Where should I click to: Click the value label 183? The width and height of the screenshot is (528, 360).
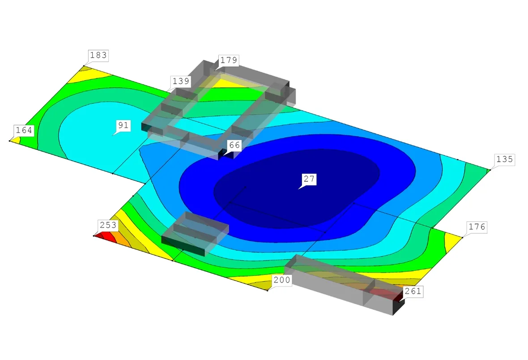tap(98, 55)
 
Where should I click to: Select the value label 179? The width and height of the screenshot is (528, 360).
tap(229, 60)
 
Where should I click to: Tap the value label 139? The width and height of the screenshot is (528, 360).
tap(181, 81)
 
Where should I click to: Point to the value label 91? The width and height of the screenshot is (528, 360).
tap(123, 125)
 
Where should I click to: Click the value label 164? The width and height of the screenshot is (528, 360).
tap(24, 130)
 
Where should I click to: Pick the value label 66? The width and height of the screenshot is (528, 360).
tap(234, 145)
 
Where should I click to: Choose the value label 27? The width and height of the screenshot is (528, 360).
tap(309, 179)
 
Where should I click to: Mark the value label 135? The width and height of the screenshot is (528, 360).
tap(504, 159)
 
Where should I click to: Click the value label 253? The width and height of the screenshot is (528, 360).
tap(108, 225)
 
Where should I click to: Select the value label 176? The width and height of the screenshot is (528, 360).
tap(477, 227)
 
